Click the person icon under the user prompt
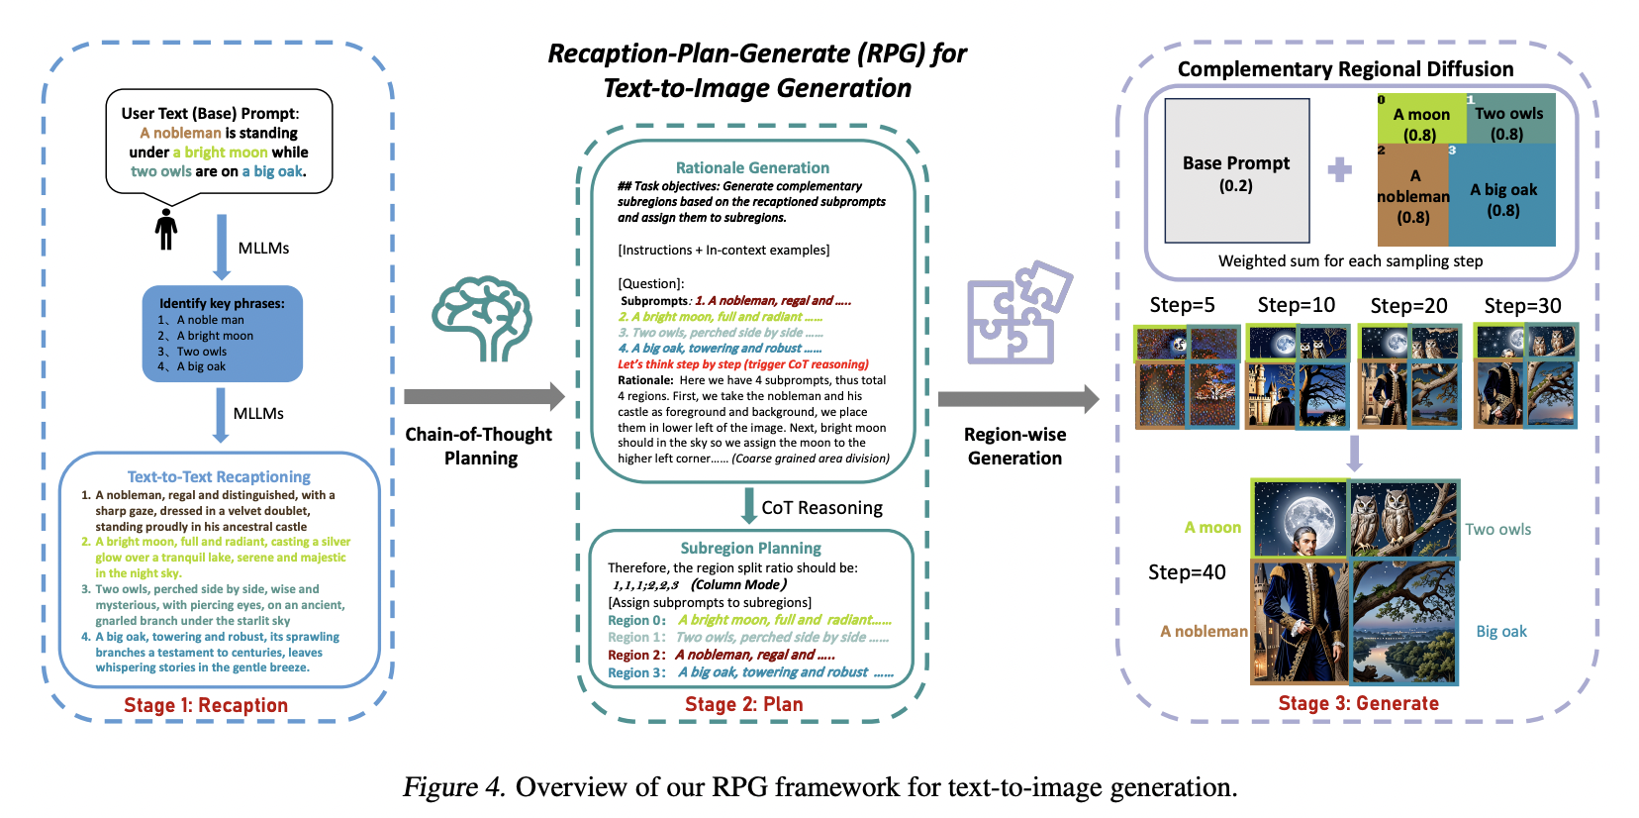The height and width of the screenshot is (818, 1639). (166, 229)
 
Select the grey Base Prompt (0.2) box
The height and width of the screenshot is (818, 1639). (1236, 171)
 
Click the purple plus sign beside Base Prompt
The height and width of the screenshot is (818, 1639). (1340, 169)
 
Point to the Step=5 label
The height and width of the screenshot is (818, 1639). (1182, 305)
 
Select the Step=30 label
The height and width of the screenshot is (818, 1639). (1522, 305)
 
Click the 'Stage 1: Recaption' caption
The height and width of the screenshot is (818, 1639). (206, 705)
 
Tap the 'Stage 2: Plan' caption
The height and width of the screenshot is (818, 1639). (744, 704)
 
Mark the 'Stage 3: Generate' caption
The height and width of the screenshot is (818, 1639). (1358, 703)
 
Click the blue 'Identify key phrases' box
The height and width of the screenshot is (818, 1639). (223, 335)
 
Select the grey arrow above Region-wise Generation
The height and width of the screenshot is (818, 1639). (1017, 399)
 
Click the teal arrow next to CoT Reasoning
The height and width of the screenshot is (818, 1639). (749, 506)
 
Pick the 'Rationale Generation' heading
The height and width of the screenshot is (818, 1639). (752, 167)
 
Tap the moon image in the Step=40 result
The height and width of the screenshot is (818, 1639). (1300, 519)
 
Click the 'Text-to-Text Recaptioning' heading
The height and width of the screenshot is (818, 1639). (219, 476)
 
